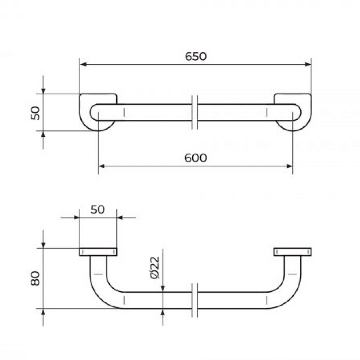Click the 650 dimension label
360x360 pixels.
coord(196,56)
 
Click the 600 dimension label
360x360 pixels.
coord(195,158)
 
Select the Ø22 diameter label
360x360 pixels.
coord(155,268)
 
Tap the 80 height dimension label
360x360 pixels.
coord(35,278)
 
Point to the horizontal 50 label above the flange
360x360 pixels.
coord(98,210)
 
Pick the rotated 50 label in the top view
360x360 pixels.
coord(35,113)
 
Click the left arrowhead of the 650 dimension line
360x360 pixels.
coord(83,64)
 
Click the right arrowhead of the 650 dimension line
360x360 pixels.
coord(308,64)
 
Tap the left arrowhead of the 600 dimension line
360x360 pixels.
coord(102,166)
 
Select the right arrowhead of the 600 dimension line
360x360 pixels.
coord(289,166)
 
